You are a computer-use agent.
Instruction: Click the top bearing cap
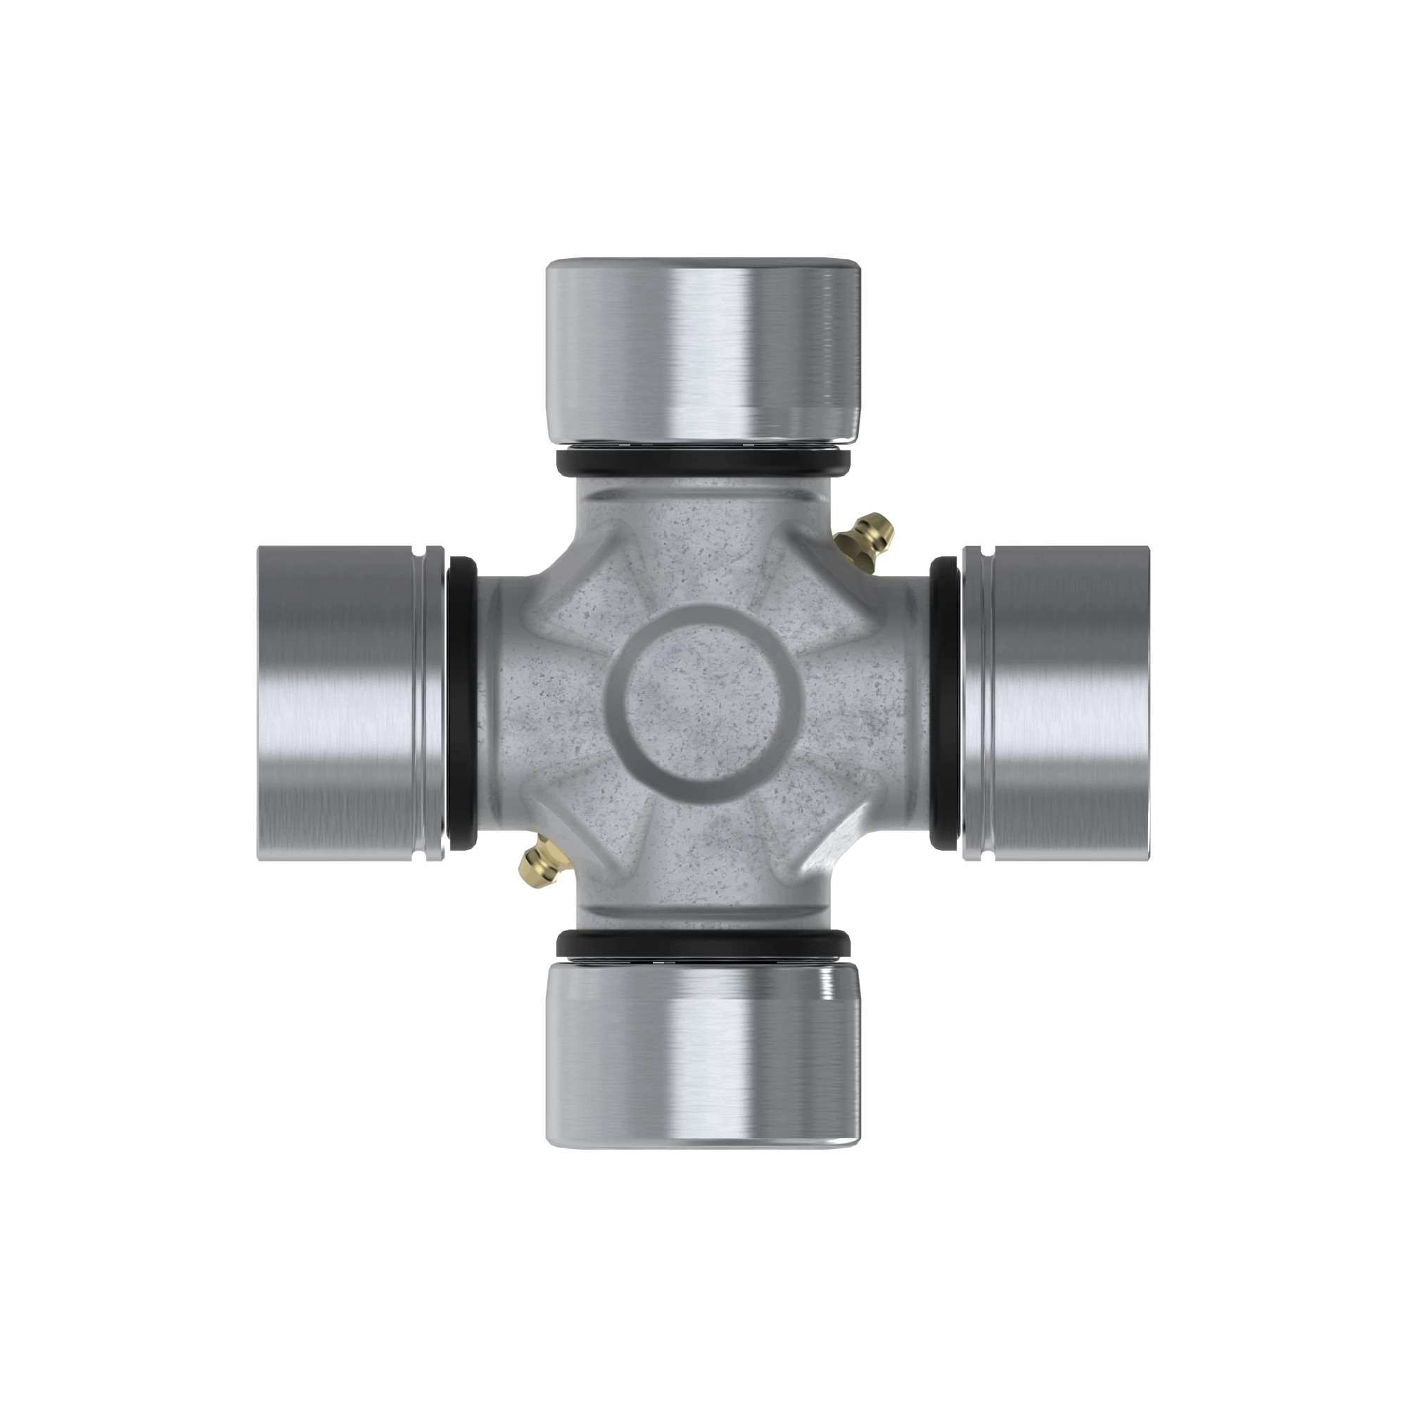703,350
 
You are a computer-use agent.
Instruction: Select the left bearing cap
343,703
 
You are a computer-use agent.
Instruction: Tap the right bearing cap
1063,703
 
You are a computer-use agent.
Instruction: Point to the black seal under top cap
703,461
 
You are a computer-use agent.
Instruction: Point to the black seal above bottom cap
703,945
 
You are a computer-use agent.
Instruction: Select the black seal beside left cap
461,703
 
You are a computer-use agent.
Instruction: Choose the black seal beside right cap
945,703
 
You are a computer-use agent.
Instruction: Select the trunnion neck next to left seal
495,703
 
